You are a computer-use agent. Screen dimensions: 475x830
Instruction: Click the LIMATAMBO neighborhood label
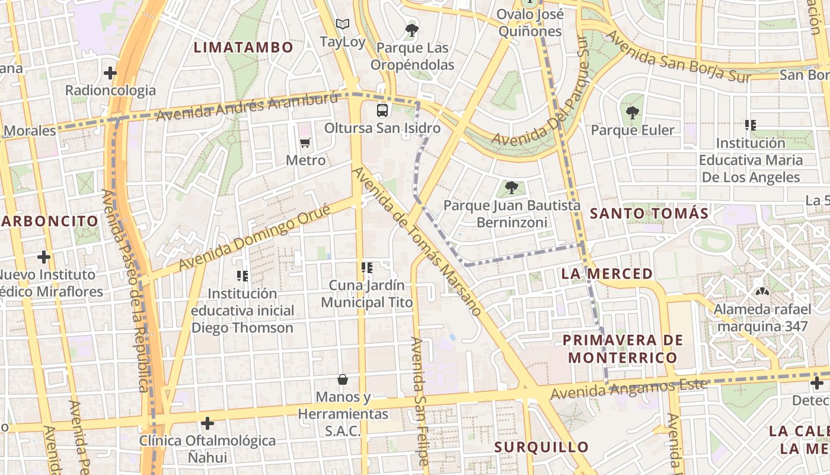pos(244,47)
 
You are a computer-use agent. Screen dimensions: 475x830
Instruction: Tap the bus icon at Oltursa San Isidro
pos(382,110)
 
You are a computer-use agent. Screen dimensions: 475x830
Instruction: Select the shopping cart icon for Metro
pos(305,142)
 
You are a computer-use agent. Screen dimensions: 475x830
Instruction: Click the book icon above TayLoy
pos(342,24)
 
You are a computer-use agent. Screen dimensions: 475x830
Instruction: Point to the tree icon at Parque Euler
pos(633,112)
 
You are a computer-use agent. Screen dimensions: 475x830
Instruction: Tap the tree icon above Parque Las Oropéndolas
pos(412,30)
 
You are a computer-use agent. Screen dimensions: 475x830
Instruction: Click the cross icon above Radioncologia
pos(110,73)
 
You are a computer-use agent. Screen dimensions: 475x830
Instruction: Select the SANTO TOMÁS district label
pos(649,213)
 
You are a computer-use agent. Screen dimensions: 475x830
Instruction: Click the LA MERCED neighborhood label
pos(606,274)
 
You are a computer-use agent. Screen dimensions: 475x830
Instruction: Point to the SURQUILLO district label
pos(541,447)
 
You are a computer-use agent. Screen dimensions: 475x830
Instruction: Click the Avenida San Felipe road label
pos(420,401)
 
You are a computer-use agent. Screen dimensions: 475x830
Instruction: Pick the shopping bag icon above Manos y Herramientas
pos(342,379)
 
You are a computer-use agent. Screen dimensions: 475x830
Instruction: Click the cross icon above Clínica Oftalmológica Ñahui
pos(207,423)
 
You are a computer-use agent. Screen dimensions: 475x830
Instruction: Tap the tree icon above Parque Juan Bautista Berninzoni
pos(511,188)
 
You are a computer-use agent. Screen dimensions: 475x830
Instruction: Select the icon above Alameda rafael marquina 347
pos(761,292)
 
